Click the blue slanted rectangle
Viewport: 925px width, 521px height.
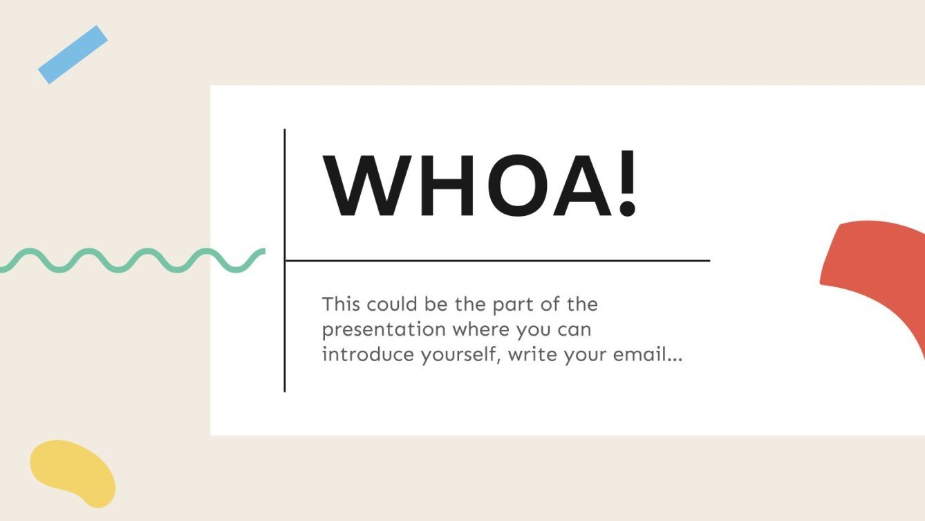pos(73,55)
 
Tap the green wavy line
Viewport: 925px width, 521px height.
pos(131,259)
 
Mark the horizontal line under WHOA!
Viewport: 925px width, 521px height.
pos(498,261)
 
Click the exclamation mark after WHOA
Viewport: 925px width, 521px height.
pos(626,185)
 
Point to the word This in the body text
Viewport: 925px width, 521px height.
pos(342,304)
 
